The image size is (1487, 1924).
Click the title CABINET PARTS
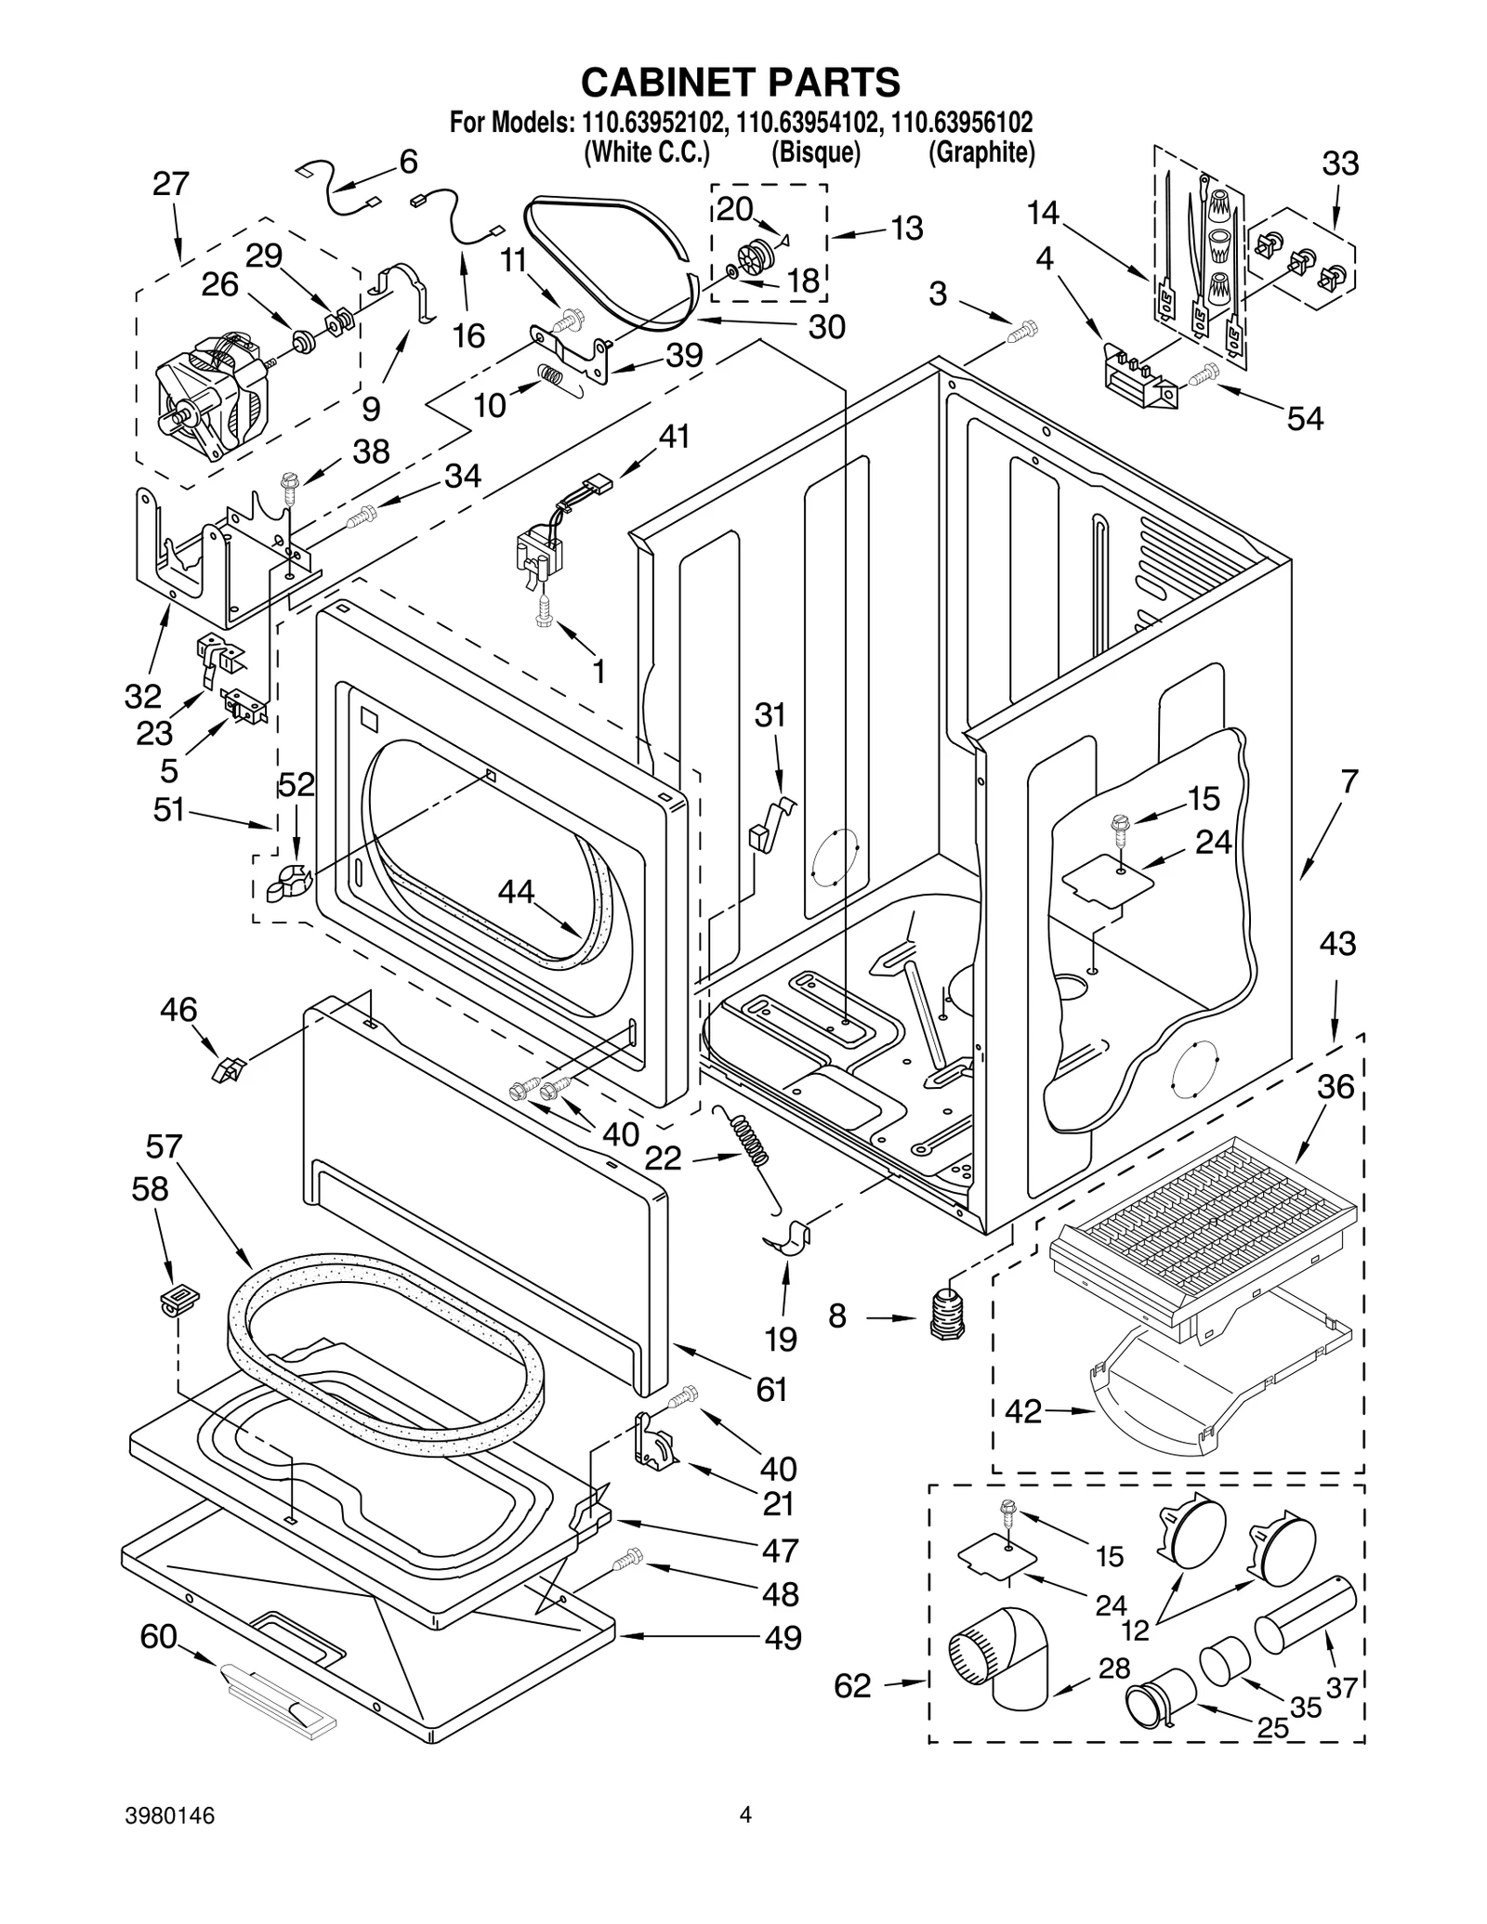(x=741, y=82)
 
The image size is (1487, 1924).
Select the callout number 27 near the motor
(x=171, y=185)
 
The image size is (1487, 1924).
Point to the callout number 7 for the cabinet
(x=1349, y=781)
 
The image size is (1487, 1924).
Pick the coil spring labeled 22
(x=753, y=1139)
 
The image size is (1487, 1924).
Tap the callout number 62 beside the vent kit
(x=852, y=1684)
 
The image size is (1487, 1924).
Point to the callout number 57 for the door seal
(x=164, y=1147)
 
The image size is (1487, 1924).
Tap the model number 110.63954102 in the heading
(x=806, y=122)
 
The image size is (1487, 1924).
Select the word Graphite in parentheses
(x=981, y=152)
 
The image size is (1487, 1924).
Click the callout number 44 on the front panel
(x=516, y=892)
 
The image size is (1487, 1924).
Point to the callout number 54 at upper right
(x=1304, y=419)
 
